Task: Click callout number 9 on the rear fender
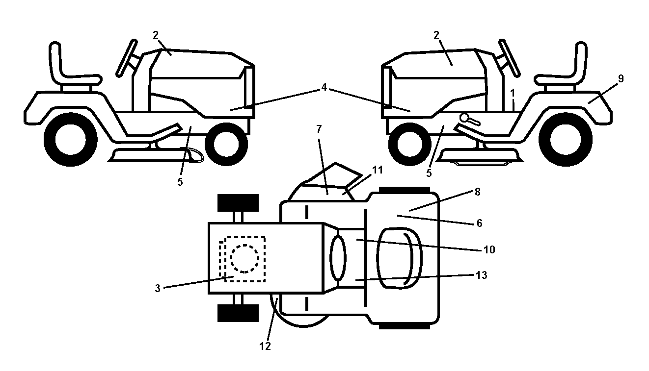click(x=621, y=78)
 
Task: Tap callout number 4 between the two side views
click(x=324, y=87)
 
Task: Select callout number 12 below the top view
click(x=265, y=346)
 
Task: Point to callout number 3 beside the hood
click(x=157, y=288)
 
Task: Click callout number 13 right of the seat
click(x=481, y=275)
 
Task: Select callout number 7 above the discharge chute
click(x=319, y=129)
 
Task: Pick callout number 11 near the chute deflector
click(x=377, y=170)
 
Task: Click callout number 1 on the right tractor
click(x=513, y=93)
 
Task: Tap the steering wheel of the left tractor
click(x=127, y=58)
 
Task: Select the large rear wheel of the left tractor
click(x=71, y=140)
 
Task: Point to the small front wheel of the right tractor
click(x=410, y=144)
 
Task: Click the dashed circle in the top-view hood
click(x=244, y=258)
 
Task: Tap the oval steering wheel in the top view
click(x=338, y=258)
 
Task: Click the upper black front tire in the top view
click(x=238, y=203)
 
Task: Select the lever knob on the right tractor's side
click(x=464, y=118)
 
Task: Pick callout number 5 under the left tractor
click(x=180, y=182)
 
